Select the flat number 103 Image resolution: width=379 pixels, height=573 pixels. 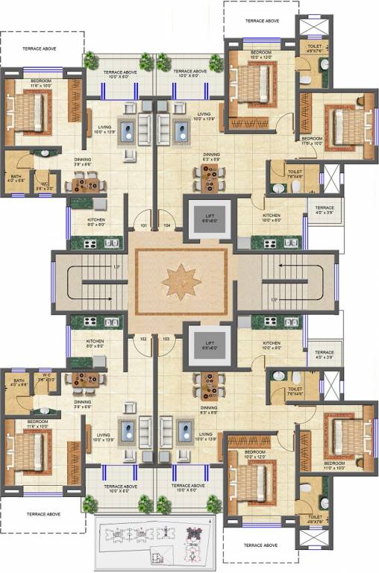tap(166, 338)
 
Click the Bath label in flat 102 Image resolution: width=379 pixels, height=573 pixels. tap(17, 383)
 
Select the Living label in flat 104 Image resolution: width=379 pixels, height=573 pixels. tap(204, 116)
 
